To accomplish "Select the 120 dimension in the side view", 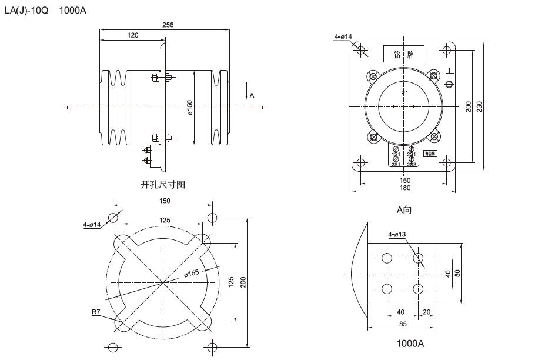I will (x=133, y=35).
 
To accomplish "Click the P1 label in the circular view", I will (x=404, y=94).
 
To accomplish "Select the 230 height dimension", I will (x=479, y=107).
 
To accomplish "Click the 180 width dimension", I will (x=404, y=188).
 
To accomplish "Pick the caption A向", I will (x=404, y=209).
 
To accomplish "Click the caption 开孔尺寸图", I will (x=163, y=185).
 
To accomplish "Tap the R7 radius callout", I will (x=96, y=312).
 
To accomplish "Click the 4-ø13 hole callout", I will (x=396, y=235).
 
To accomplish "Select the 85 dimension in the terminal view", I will (x=402, y=323).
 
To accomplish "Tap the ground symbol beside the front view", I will (x=450, y=75).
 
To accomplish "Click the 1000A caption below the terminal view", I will (x=410, y=343).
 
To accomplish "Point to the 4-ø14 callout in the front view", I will (x=343, y=37).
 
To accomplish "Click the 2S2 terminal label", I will (x=412, y=164).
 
